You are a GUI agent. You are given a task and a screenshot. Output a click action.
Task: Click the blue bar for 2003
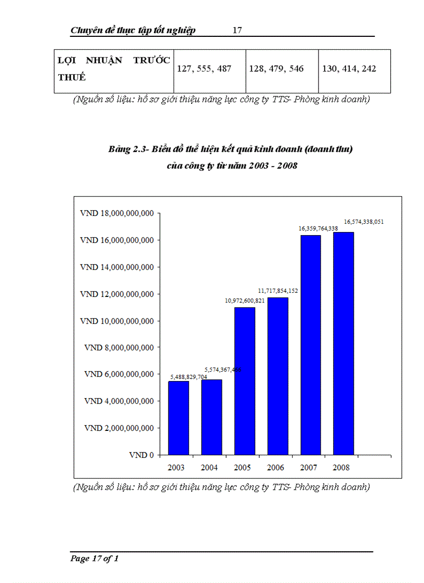click(x=178, y=418)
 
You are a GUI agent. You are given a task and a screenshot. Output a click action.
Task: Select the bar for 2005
click(x=245, y=381)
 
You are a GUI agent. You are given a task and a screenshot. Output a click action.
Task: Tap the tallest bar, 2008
click(x=343, y=343)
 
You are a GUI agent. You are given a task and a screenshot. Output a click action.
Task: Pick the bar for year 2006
click(x=278, y=376)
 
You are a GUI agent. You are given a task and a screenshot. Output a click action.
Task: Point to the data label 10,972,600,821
click(x=245, y=301)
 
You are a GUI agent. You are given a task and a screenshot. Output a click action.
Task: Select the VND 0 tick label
click(x=142, y=455)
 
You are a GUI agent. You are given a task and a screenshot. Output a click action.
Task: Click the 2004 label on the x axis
click(x=209, y=468)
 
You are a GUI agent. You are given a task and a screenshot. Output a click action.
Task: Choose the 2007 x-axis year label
click(x=309, y=468)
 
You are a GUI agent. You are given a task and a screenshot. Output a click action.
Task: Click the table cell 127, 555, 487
click(x=204, y=69)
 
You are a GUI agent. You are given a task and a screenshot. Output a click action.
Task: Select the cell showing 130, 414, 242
click(x=349, y=69)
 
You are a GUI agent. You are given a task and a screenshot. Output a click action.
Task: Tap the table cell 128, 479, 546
click(x=276, y=69)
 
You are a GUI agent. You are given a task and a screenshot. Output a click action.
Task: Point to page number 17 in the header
click(x=237, y=30)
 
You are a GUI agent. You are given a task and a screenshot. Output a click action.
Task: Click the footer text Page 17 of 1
click(x=95, y=559)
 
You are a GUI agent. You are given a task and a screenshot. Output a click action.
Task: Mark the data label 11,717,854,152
click(x=279, y=291)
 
